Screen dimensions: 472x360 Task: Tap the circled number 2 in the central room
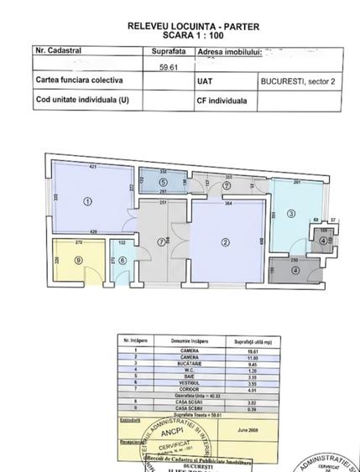[x=224, y=243]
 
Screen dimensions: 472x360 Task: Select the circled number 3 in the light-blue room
[x=291, y=214]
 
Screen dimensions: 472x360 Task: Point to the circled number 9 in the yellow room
[x=78, y=260]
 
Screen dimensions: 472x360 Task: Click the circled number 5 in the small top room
[x=163, y=181]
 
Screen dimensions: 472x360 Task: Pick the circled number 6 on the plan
[x=123, y=260]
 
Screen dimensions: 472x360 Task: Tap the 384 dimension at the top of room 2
[x=228, y=205]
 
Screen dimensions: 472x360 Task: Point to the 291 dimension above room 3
[x=297, y=182]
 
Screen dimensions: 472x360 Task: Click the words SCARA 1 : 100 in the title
[x=180, y=37]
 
